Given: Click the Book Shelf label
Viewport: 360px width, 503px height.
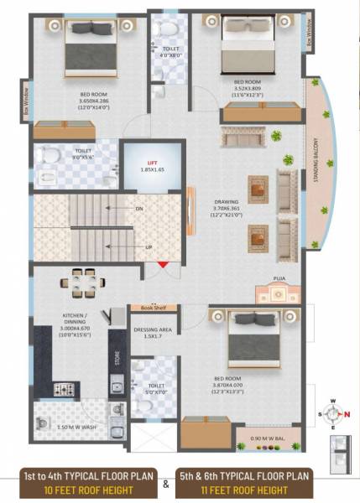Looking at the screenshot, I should (x=154, y=309).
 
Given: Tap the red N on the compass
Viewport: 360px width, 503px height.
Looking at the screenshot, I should (x=338, y=414).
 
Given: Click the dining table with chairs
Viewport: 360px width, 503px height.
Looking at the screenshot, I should (x=82, y=283).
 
